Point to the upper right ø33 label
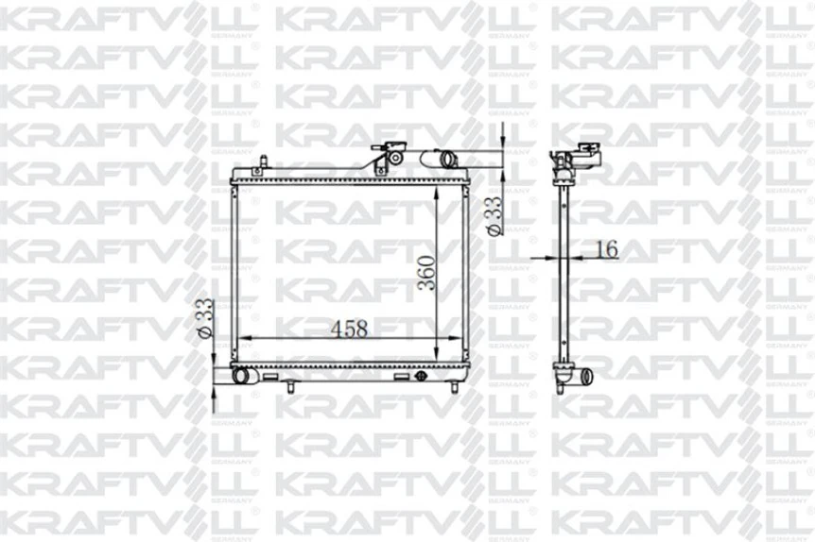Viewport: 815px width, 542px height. pos(492,216)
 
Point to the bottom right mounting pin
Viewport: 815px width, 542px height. pos(453,383)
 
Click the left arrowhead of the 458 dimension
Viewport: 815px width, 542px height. pos(241,338)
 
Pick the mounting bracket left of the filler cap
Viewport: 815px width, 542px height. pos(379,166)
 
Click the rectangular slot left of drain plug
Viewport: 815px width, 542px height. pos(402,376)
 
